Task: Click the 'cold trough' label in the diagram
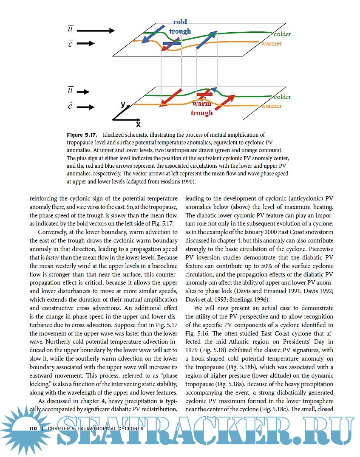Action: tap(180, 26)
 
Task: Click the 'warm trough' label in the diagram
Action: tap(201, 108)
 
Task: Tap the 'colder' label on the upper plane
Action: tap(282, 34)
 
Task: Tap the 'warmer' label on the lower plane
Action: tap(272, 106)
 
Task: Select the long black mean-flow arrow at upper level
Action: tap(96, 31)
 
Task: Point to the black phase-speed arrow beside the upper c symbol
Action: tap(86, 43)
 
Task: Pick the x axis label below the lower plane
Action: tap(138, 124)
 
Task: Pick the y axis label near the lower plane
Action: tap(123, 104)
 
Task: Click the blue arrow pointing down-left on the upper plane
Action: tap(153, 34)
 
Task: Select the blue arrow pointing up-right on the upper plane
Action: tap(207, 40)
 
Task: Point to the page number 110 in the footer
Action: tap(34, 429)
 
